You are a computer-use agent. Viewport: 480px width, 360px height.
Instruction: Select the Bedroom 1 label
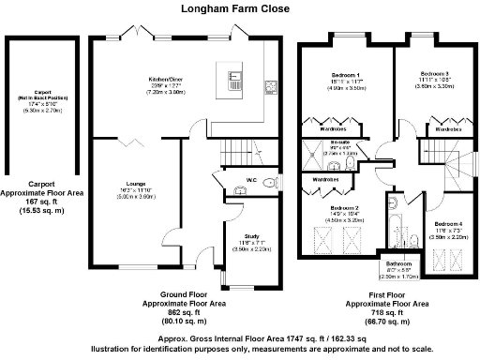346,74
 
